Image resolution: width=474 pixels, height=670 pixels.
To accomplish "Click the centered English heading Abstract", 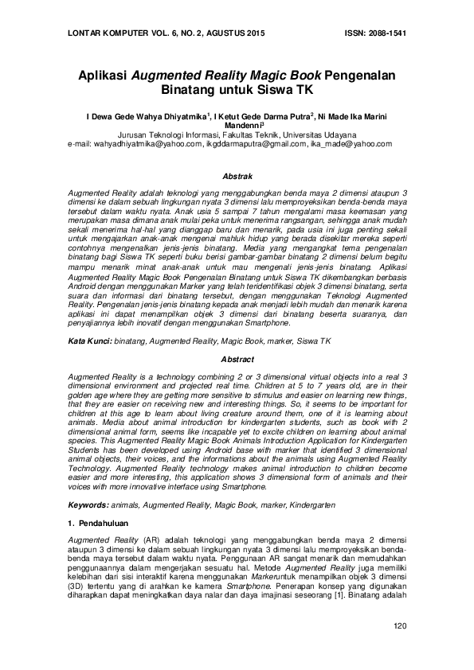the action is point(237,360).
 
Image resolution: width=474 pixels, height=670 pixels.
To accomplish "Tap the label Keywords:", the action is point(87,505).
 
